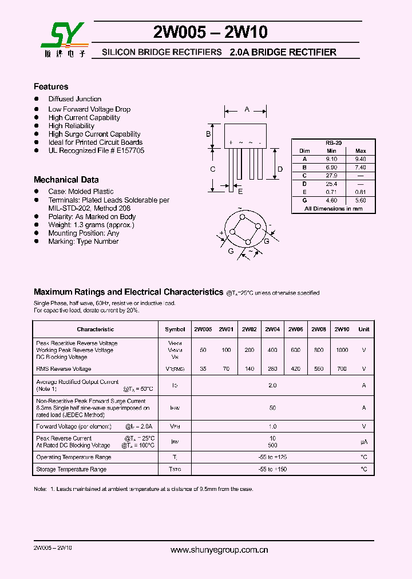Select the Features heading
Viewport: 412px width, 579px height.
coord(51,87)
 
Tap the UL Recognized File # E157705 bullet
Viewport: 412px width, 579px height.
coord(96,150)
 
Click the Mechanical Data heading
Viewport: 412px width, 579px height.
coord(66,180)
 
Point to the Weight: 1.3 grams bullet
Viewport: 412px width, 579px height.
coord(91,225)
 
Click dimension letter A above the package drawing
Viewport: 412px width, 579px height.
coord(247,109)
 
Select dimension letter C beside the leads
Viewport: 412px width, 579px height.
coord(212,169)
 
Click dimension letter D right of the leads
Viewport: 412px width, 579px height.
coord(280,169)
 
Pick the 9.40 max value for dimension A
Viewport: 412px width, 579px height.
coord(360,159)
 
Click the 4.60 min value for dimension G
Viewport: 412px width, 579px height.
coord(332,200)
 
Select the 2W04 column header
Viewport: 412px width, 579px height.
coord(272,329)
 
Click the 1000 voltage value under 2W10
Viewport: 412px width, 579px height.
coord(342,350)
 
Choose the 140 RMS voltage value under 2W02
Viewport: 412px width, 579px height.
coord(249,369)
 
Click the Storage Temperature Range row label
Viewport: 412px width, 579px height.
coord(71,469)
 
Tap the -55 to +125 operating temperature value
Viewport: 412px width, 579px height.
coord(272,457)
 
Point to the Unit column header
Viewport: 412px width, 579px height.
coord(363,329)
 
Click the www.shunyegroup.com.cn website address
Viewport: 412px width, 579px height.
coord(220,550)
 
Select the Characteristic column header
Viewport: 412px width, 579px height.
coord(95,329)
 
